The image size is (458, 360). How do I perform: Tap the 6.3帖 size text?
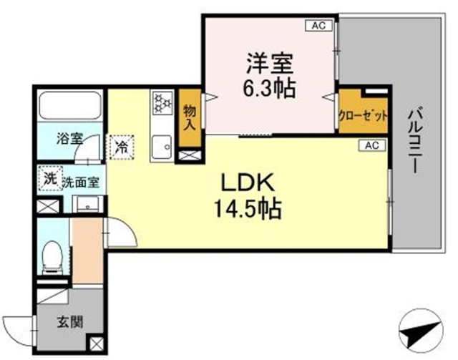tap(270, 89)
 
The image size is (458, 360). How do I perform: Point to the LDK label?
tap(250, 185)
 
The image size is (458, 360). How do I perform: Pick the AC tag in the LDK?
tap(371, 146)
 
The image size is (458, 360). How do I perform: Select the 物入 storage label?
tap(190, 116)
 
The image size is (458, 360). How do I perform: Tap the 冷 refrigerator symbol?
tap(121, 147)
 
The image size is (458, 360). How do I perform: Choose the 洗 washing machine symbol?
tap(49, 178)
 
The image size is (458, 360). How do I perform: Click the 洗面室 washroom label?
tap(80, 183)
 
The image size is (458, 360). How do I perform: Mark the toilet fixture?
tap(52, 258)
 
